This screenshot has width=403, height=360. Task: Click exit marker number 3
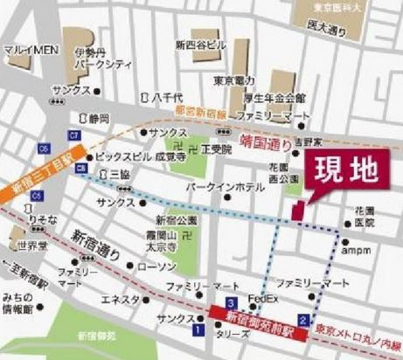click(x=230, y=301)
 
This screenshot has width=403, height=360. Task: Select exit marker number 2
click(x=302, y=320)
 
